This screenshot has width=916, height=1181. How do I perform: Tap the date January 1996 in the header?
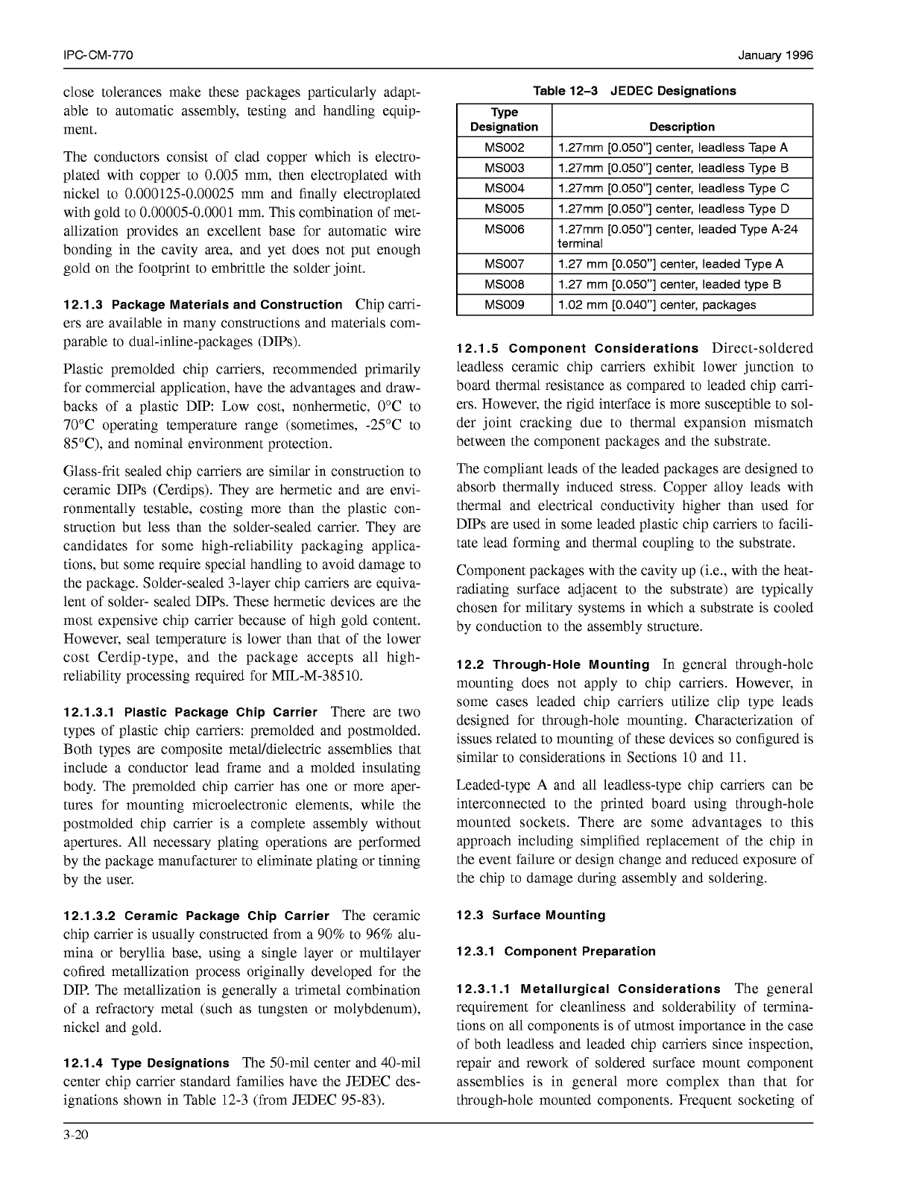pyautogui.click(x=775, y=56)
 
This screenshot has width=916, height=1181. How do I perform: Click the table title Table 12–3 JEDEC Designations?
pyautogui.click(x=634, y=91)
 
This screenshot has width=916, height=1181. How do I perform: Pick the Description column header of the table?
pyautogui.click(x=681, y=127)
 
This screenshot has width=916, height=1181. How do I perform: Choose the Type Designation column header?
pyautogui.click(x=504, y=119)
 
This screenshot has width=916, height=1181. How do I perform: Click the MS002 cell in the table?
pyautogui.click(x=504, y=148)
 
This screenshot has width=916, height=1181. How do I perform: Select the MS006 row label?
pyautogui.click(x=504, y=230)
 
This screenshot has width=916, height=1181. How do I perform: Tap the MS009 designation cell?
pyautogui.click(x=504, y=305)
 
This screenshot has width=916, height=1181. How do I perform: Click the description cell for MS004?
pyautogui.click(x=673, y=189)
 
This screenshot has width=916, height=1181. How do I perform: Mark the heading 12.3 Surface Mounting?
pyautogui.click(x=531, y=915)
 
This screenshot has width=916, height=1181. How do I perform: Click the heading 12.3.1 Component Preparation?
pyautogui.click(x=556, y=951)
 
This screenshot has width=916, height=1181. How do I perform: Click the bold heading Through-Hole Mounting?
pyautogui.click(x=571, y=664)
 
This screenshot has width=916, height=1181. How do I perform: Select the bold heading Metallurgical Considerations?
pyautogui.click(x=620, y=989)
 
